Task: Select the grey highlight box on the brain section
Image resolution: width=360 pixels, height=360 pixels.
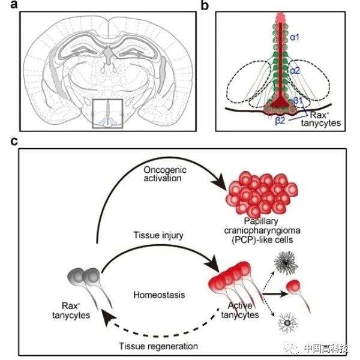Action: pos(107,113)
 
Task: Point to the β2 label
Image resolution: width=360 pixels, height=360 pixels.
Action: pos(280,121)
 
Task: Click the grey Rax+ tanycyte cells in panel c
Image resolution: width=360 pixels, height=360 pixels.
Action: pos(86,277)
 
